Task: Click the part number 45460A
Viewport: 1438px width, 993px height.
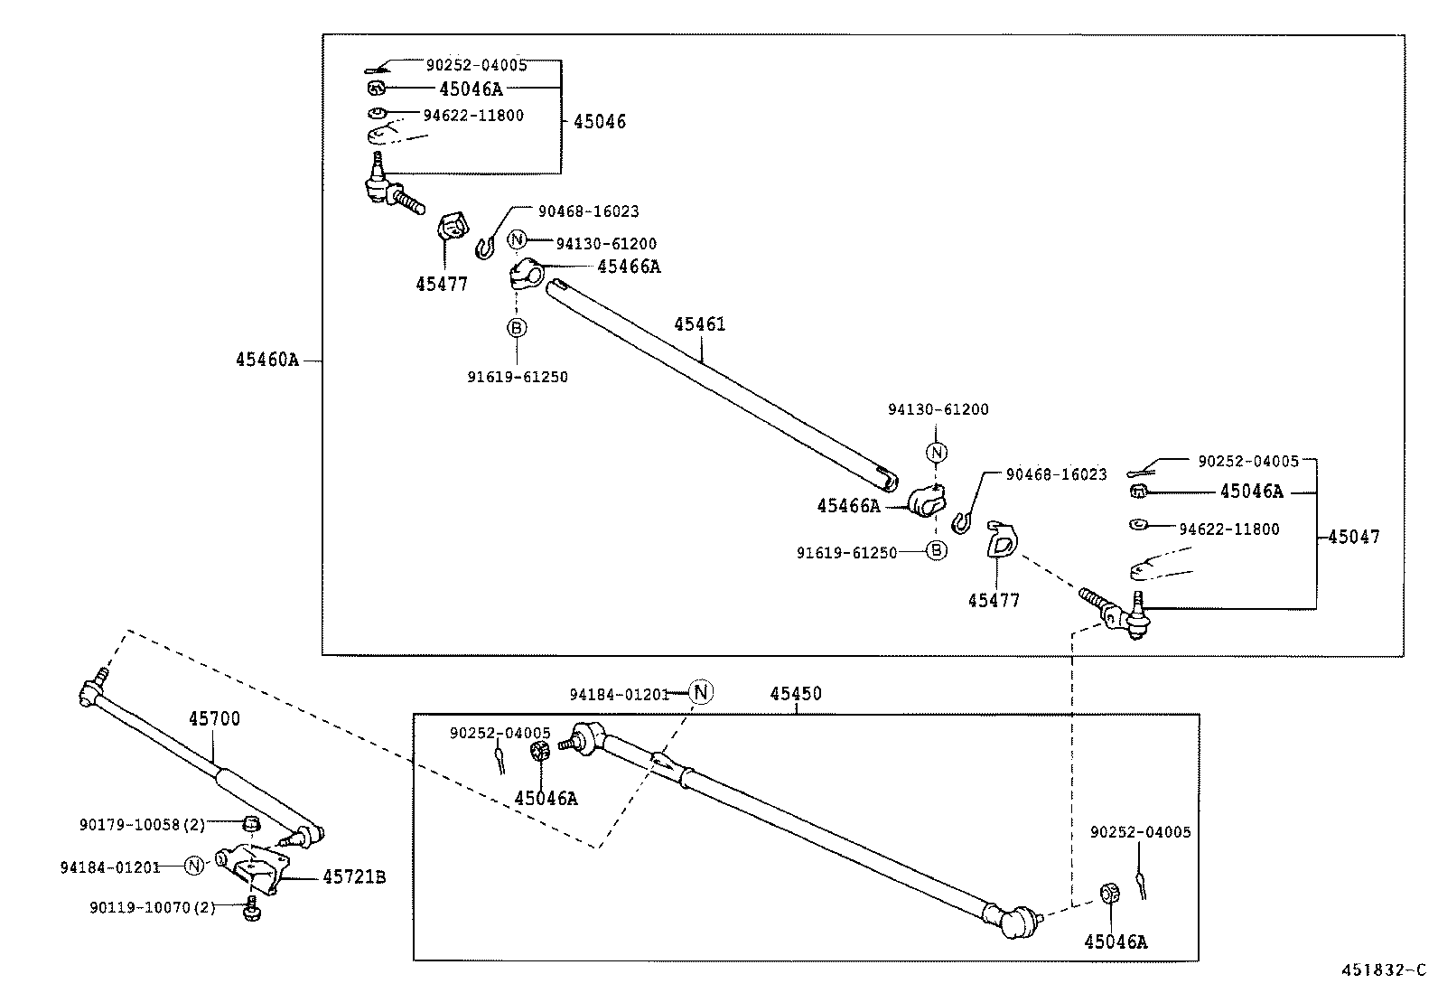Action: (x=266, y=360)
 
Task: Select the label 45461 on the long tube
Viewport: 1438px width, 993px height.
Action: (x=699, y=324)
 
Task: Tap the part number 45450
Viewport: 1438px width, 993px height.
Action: (x=796, y=694)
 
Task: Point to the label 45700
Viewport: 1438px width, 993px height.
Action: (x=214, y=719)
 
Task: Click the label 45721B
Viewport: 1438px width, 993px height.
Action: (x=354, y=877)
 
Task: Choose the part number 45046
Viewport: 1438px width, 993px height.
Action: (x=600, y=122)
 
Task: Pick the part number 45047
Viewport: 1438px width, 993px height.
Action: (x=1354, y=537)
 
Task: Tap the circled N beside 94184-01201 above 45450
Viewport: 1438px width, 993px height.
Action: (x=702, y=693)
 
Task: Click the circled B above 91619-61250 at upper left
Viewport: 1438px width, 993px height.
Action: (x=516, y=327)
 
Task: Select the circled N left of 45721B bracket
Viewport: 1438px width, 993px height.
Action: (x=194, y=866)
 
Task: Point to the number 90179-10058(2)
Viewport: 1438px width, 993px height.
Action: (x=142, y=824)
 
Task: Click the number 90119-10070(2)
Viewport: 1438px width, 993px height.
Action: (x=152, y=907)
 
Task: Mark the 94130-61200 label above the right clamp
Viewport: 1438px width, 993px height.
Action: (x=938, y=409)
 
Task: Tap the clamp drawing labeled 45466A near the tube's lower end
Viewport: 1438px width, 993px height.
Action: (x=926, y=500)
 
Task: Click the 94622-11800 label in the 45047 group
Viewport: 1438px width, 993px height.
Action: (x=1228, y=529)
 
